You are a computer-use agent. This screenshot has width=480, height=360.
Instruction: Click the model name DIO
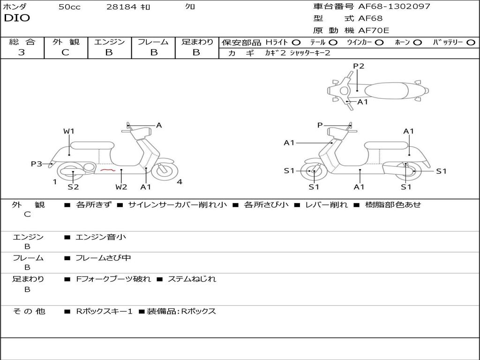pos(17,18)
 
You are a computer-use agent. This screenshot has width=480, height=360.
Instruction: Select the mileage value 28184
pos(121,7)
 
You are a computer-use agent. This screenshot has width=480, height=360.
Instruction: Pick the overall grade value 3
pos(22,52)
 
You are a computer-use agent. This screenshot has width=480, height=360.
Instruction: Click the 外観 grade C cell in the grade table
pos(65,52)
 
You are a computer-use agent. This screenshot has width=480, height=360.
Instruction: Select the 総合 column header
pos(22,42)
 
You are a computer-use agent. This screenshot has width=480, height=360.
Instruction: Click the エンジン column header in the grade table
pos(109,42)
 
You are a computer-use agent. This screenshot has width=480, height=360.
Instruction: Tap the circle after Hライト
pos(296,43)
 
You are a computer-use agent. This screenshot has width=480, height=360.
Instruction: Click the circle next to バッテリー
pos(470,43)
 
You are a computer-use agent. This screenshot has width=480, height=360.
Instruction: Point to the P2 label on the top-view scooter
pos(359,66)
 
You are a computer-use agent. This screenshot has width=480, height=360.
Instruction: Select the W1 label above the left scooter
pos(69,131)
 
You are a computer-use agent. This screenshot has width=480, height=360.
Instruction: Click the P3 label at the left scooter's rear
pos(37,164)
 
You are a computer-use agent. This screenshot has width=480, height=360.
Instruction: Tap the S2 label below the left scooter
pos(73,187)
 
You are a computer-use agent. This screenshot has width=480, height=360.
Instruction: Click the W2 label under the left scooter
pos(121,187)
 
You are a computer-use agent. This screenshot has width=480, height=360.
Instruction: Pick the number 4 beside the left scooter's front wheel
pos(180,182)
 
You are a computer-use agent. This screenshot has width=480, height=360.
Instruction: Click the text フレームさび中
pos(103,258)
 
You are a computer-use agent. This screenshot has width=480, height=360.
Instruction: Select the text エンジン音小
pos(101,237)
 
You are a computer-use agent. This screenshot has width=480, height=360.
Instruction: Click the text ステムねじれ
pos(192,279)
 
